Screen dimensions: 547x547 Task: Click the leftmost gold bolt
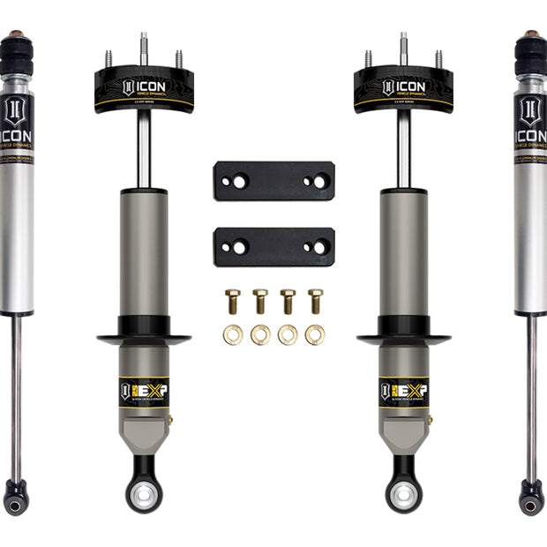233,300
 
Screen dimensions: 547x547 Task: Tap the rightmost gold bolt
315,300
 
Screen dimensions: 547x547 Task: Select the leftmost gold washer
233,335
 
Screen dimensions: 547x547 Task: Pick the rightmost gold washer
315,335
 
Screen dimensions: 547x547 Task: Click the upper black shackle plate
273,180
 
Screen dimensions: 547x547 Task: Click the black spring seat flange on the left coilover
144,337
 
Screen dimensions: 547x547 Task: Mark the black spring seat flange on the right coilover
404,337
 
